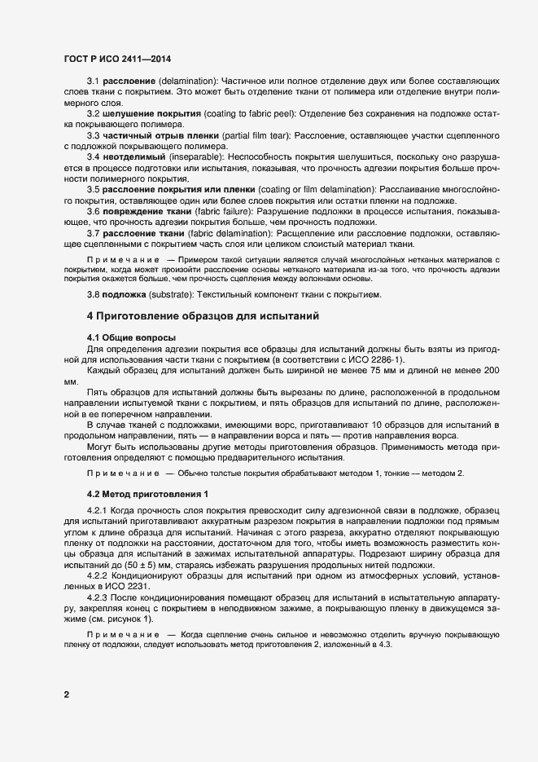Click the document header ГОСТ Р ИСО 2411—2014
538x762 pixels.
(x=116, y=59)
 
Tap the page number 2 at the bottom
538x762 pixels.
(x=66, y=694)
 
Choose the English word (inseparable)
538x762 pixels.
(x=196, y=154)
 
